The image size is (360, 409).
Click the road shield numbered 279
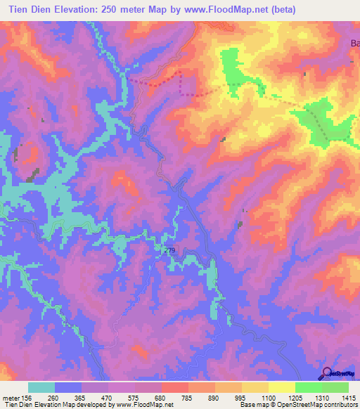pos(169,250)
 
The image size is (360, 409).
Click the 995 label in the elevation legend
pos(240,397)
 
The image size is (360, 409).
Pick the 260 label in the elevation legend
pos(52,397)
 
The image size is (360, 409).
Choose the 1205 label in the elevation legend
pos(293,397)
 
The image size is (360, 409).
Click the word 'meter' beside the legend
pos(10,397)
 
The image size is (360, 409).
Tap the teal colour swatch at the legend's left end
pos(41,387)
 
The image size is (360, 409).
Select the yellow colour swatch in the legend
pos(281,387)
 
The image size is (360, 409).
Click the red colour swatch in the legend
pos(174,387)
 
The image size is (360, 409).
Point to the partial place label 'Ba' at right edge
pos(354,44)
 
